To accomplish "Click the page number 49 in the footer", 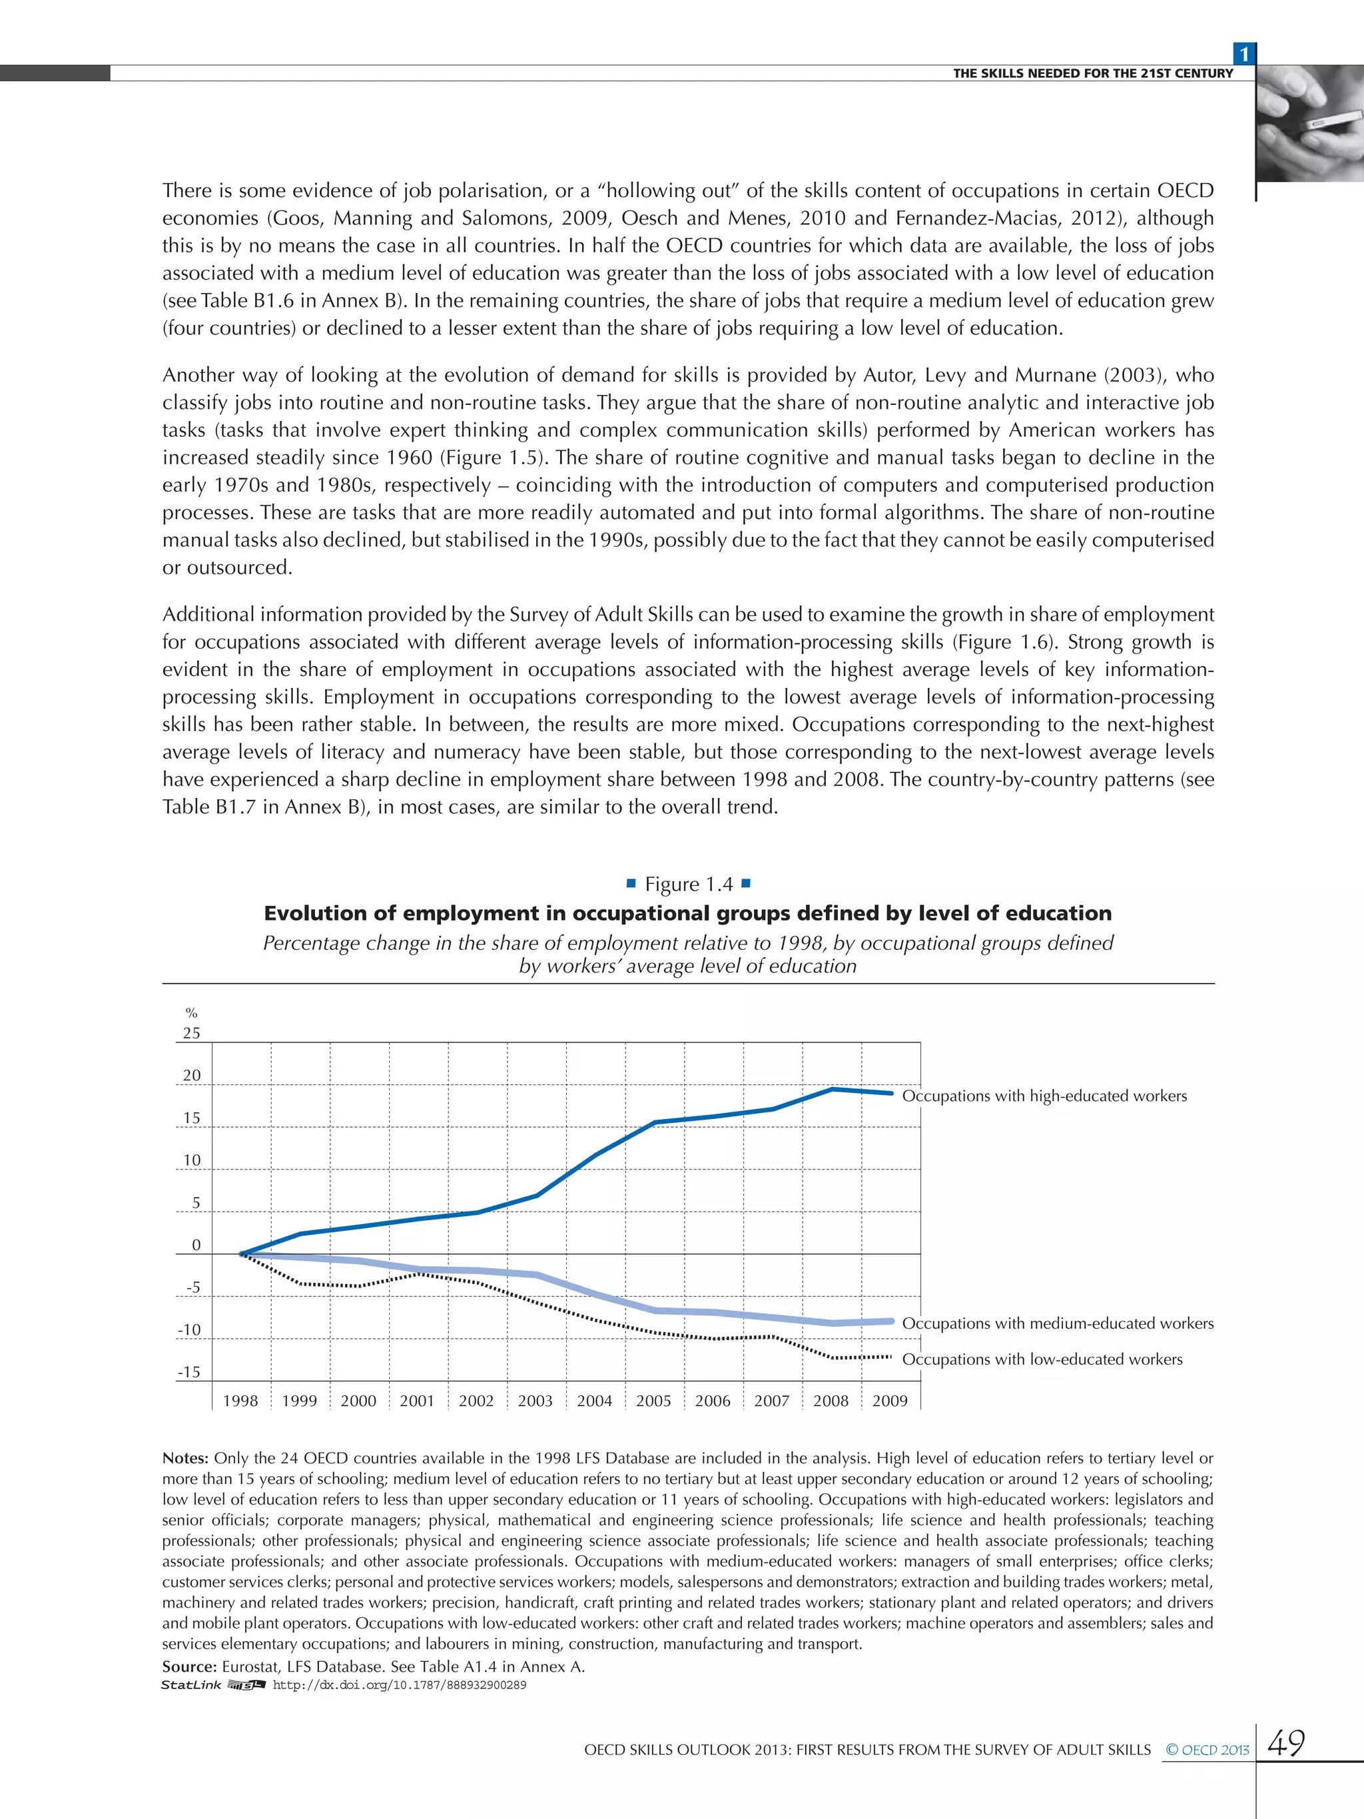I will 1287,1742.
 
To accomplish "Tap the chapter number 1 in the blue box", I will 1244,54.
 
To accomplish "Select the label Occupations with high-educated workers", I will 1044,1096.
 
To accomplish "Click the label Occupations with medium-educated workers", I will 1058,1323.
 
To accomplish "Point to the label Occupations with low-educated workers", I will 1042,1359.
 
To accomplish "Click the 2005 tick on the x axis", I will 653,1401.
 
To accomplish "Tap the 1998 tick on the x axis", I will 240,1401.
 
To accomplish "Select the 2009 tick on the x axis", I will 890,1401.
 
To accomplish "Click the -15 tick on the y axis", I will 189,1373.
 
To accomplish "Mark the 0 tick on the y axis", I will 196,1245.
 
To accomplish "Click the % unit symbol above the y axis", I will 192,1013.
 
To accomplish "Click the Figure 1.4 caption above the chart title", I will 688,884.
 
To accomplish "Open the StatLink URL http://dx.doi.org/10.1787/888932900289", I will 399,1685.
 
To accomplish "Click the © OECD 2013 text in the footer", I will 1206,1750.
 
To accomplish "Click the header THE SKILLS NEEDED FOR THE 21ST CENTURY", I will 1093,73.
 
